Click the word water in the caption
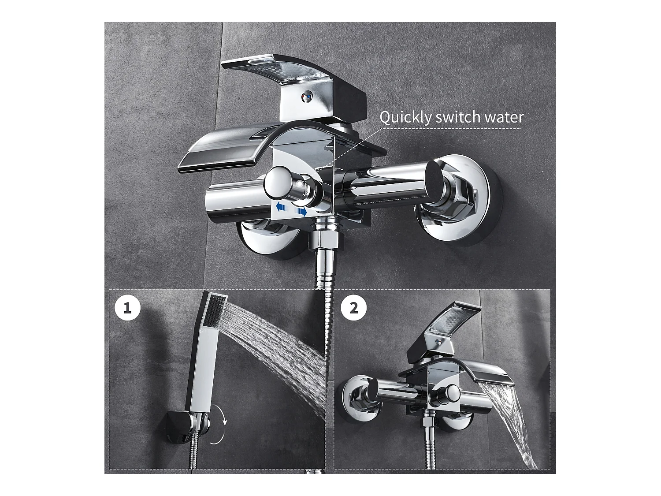pyautogui.click(x=506, y=117)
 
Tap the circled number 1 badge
pyautogui.click(x=127, y=307)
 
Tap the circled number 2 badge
pyautogui.click(x=353, y=307)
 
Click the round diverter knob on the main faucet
pyautogui.click(x=280, y=182)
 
